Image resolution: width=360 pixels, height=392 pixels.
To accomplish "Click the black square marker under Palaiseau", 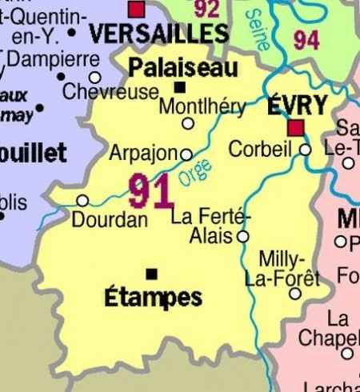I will click(x=180, y=86).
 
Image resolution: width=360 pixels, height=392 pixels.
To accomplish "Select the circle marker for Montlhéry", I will click(x=189, y=123).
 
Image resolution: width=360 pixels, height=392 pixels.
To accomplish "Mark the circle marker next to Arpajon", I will click(x=186, y=154).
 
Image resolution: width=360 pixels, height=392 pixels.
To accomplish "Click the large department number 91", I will click(x=150, y=192).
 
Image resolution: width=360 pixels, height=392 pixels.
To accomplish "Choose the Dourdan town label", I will click(x=110, y=219).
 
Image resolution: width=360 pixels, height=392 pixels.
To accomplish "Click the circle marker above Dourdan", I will click(x=82, y=200).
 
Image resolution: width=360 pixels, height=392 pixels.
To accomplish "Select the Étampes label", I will click(x=153, y=298).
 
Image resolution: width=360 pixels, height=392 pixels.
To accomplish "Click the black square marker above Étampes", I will click(x=152, y=272).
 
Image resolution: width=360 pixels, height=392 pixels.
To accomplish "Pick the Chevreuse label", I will click(x=110, y=92).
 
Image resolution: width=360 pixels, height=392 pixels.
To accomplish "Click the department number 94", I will click(x=306, y=39).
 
